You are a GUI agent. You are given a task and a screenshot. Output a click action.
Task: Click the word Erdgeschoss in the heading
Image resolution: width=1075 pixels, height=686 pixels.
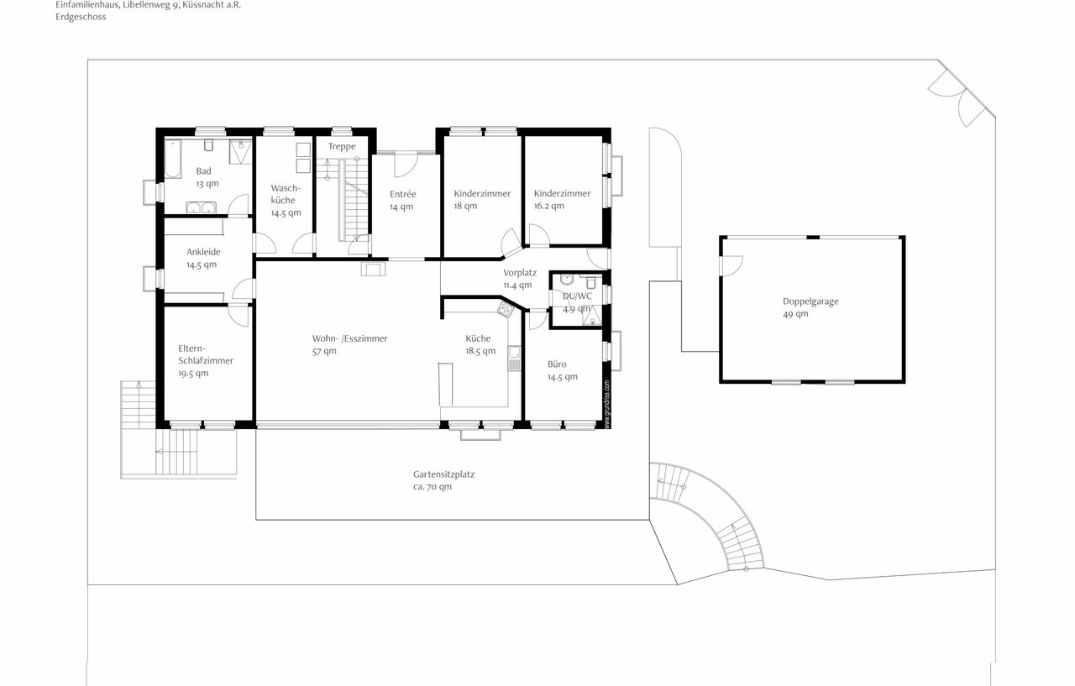coord(81,17)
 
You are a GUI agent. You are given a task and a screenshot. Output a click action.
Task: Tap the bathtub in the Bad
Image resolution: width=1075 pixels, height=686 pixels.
coord(173,158)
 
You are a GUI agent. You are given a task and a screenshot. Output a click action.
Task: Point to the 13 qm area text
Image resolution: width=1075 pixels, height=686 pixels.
coord(207,183)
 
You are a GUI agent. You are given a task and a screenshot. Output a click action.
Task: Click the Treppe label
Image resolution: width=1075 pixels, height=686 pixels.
coord(342,147)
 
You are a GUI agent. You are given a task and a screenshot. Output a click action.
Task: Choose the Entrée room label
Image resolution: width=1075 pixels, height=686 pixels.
coord(402,194)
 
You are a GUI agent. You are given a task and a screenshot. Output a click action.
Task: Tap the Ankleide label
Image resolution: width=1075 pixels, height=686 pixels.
coord(203,251)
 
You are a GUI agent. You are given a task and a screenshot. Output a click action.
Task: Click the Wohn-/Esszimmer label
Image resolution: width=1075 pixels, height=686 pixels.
coord(349,339)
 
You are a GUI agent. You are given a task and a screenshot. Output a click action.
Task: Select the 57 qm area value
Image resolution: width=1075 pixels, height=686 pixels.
coord(324,352)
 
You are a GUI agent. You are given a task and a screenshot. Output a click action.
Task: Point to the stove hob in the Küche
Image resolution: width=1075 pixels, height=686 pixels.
coord(505,310)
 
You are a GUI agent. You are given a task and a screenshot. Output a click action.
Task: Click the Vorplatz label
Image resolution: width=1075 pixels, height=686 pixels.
coord(520,273)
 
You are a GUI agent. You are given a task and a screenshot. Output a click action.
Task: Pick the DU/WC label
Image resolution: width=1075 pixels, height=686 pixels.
coord(578,296)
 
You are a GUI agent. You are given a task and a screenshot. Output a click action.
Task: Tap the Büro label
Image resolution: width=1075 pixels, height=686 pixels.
coord(557,364)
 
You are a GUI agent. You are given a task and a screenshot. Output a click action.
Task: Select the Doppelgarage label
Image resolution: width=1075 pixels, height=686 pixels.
coord(810,301)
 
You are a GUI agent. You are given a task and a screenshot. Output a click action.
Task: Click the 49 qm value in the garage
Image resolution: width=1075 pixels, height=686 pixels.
coord(795,314)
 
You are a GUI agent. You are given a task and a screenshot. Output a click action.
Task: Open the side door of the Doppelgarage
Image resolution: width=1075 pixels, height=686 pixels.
coord(731,264)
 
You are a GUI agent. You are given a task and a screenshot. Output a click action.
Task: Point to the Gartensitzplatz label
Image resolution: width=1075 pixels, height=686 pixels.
coord(443,474)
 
